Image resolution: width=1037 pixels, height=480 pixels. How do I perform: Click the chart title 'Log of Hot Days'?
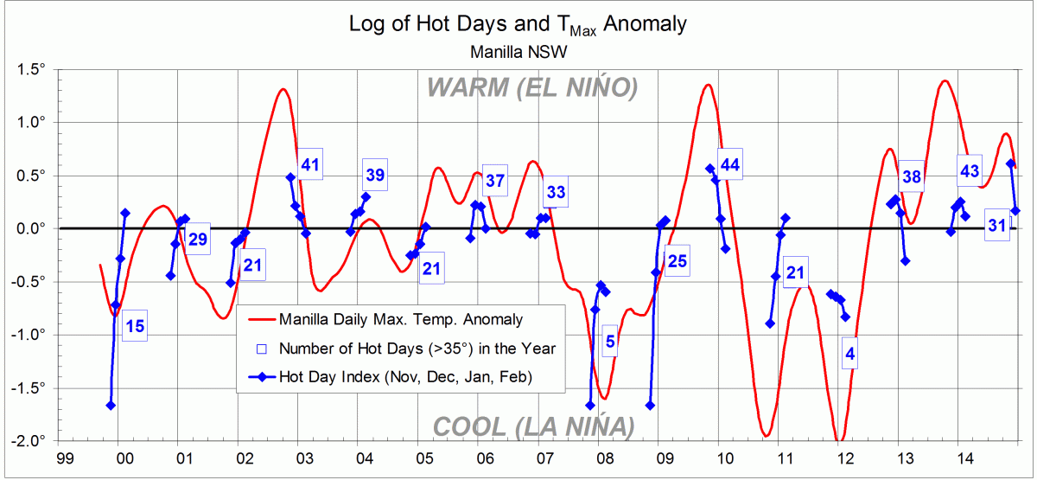[x=518, y=23]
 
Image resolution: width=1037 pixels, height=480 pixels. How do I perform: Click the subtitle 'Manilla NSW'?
[x=518, y=52]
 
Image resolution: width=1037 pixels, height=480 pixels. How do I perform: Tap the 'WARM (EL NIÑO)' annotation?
[x=531, y=88]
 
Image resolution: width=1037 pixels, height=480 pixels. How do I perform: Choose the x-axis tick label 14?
[x=962, y=457]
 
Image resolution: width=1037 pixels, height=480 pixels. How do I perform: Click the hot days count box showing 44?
[x=730, y=165]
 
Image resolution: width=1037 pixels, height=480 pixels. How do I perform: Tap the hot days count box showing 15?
[x=135, y=326]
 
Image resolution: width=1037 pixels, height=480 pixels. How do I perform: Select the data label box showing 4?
[x=850, y=353]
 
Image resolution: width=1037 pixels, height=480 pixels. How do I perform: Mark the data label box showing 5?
[x=610, y=342]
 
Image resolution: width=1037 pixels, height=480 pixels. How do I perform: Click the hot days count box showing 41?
[x=310, y=164]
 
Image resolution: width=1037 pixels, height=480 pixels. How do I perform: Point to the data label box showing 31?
[x=997, y=226]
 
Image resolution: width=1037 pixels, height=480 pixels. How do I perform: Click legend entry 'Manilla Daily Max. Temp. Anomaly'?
[x=400, y=319]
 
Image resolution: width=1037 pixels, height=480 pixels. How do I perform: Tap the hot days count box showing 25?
[x=678, y=261]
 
